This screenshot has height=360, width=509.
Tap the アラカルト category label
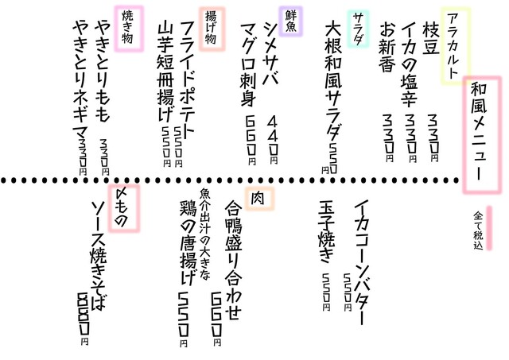[455, 46]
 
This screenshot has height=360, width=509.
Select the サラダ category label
[358, 29]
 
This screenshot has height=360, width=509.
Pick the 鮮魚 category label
[291, 21]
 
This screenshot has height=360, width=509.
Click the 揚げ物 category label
[212, 29]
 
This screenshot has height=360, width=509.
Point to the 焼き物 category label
[129, 29]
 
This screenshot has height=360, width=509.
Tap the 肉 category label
[259, 199]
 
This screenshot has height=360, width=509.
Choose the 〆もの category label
[124, 208]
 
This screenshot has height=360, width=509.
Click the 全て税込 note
[479, 230]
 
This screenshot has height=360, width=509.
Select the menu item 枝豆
[431, 37]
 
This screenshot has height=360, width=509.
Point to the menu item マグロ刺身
[249, 65]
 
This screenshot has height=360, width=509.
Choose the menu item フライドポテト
[188, 78]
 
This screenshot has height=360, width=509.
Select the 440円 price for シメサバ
[273, 140]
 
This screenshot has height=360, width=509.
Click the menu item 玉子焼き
[327, 232]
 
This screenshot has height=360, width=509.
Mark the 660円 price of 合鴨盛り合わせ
[217, 319]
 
